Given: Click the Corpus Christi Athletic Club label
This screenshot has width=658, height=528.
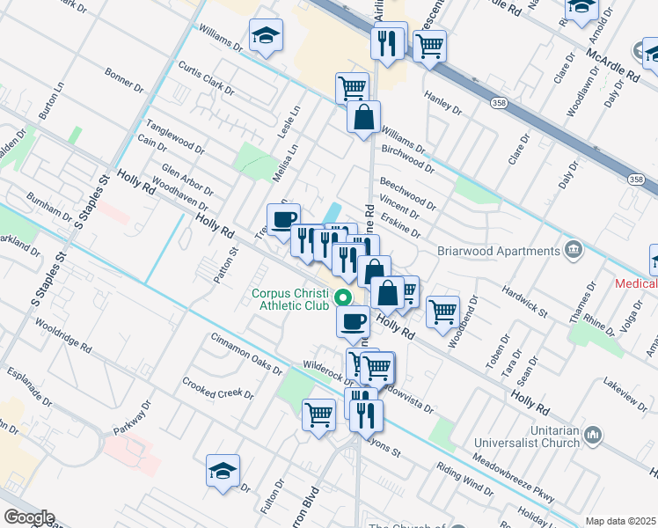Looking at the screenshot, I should [x=290, y=300].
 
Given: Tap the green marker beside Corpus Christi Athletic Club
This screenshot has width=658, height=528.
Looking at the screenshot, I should [x=345, y=299].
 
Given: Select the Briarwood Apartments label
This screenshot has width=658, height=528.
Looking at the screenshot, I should [x=499, y=251].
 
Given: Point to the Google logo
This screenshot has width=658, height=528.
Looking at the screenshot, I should [x=29, y=517].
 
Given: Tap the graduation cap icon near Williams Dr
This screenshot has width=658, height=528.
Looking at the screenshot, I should [x=266, y=36].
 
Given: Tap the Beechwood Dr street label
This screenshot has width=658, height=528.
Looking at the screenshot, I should [x=407, y=193].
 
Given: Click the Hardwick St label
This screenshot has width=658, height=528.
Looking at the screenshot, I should [x=525, y=301].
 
